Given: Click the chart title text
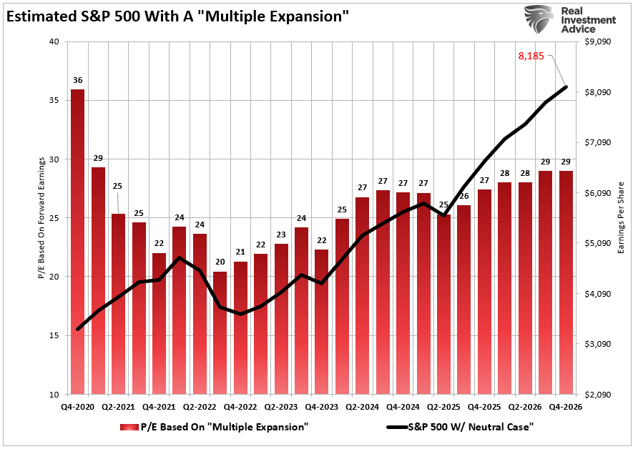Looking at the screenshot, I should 178,16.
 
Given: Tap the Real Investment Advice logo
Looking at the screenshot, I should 571,20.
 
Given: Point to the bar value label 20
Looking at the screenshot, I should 220,262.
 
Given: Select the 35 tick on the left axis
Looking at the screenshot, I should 55,101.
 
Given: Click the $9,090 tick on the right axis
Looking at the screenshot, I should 599,42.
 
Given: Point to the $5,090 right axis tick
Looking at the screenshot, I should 599,243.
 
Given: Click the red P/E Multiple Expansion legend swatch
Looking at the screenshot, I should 129,427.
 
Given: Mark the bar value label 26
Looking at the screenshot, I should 464,196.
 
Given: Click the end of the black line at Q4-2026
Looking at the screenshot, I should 566,87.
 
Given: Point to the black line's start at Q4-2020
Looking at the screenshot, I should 77,330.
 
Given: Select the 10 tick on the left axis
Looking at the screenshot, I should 55,394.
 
